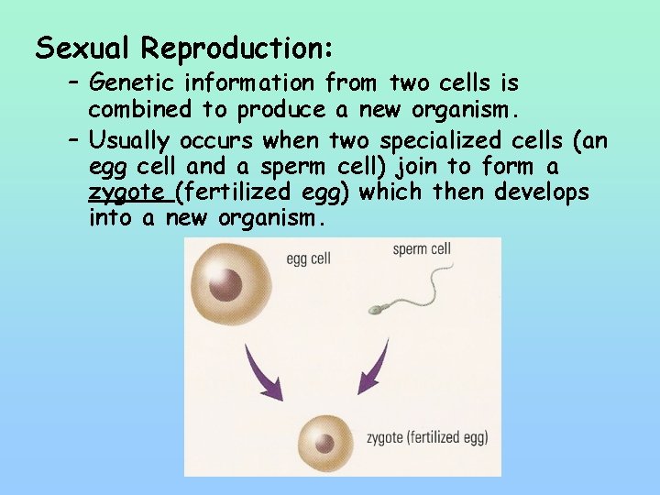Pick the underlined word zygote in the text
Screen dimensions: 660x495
tap(127, 193)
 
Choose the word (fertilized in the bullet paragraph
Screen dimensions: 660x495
tap(247, 192)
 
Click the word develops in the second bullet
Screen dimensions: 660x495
tap(542, 192)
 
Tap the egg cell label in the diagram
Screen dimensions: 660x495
tap(308, 259)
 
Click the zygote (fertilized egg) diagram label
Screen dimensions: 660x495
tap(426, 436)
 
